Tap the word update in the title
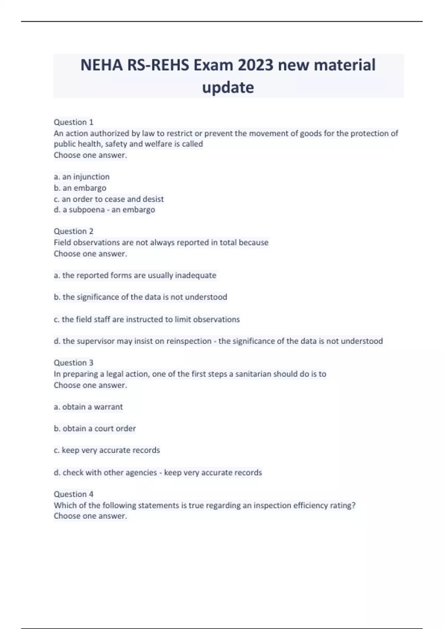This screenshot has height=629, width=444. pyautogui.click(x=228, y=88)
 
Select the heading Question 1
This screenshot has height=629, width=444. pyautogui.click(x=74, y=122)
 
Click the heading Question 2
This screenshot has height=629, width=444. pyautogui.click(x=74, y=231)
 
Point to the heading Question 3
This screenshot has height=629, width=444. pyautogui.click(x=74, y=363)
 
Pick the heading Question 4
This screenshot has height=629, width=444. pyautogui.click(x=74, y=494)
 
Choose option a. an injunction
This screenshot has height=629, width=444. pyautogui.click(x=82, y=177)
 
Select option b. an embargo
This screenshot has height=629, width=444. pyautogui.click(x=80, y=188)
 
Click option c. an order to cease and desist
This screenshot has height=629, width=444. pyautogui.click(x=109, y=199)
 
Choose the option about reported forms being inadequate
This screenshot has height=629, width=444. pyautogui.click(x=135, y=275)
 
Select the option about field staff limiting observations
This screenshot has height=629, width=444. pyautogui.click(x=147, y=319)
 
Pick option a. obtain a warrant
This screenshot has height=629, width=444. pyautogui.click(x=88, y=407)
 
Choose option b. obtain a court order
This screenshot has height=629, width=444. pyautogui.click(x=95, y=428)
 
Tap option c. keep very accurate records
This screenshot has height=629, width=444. pyautogui.click(x=107, y=450)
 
